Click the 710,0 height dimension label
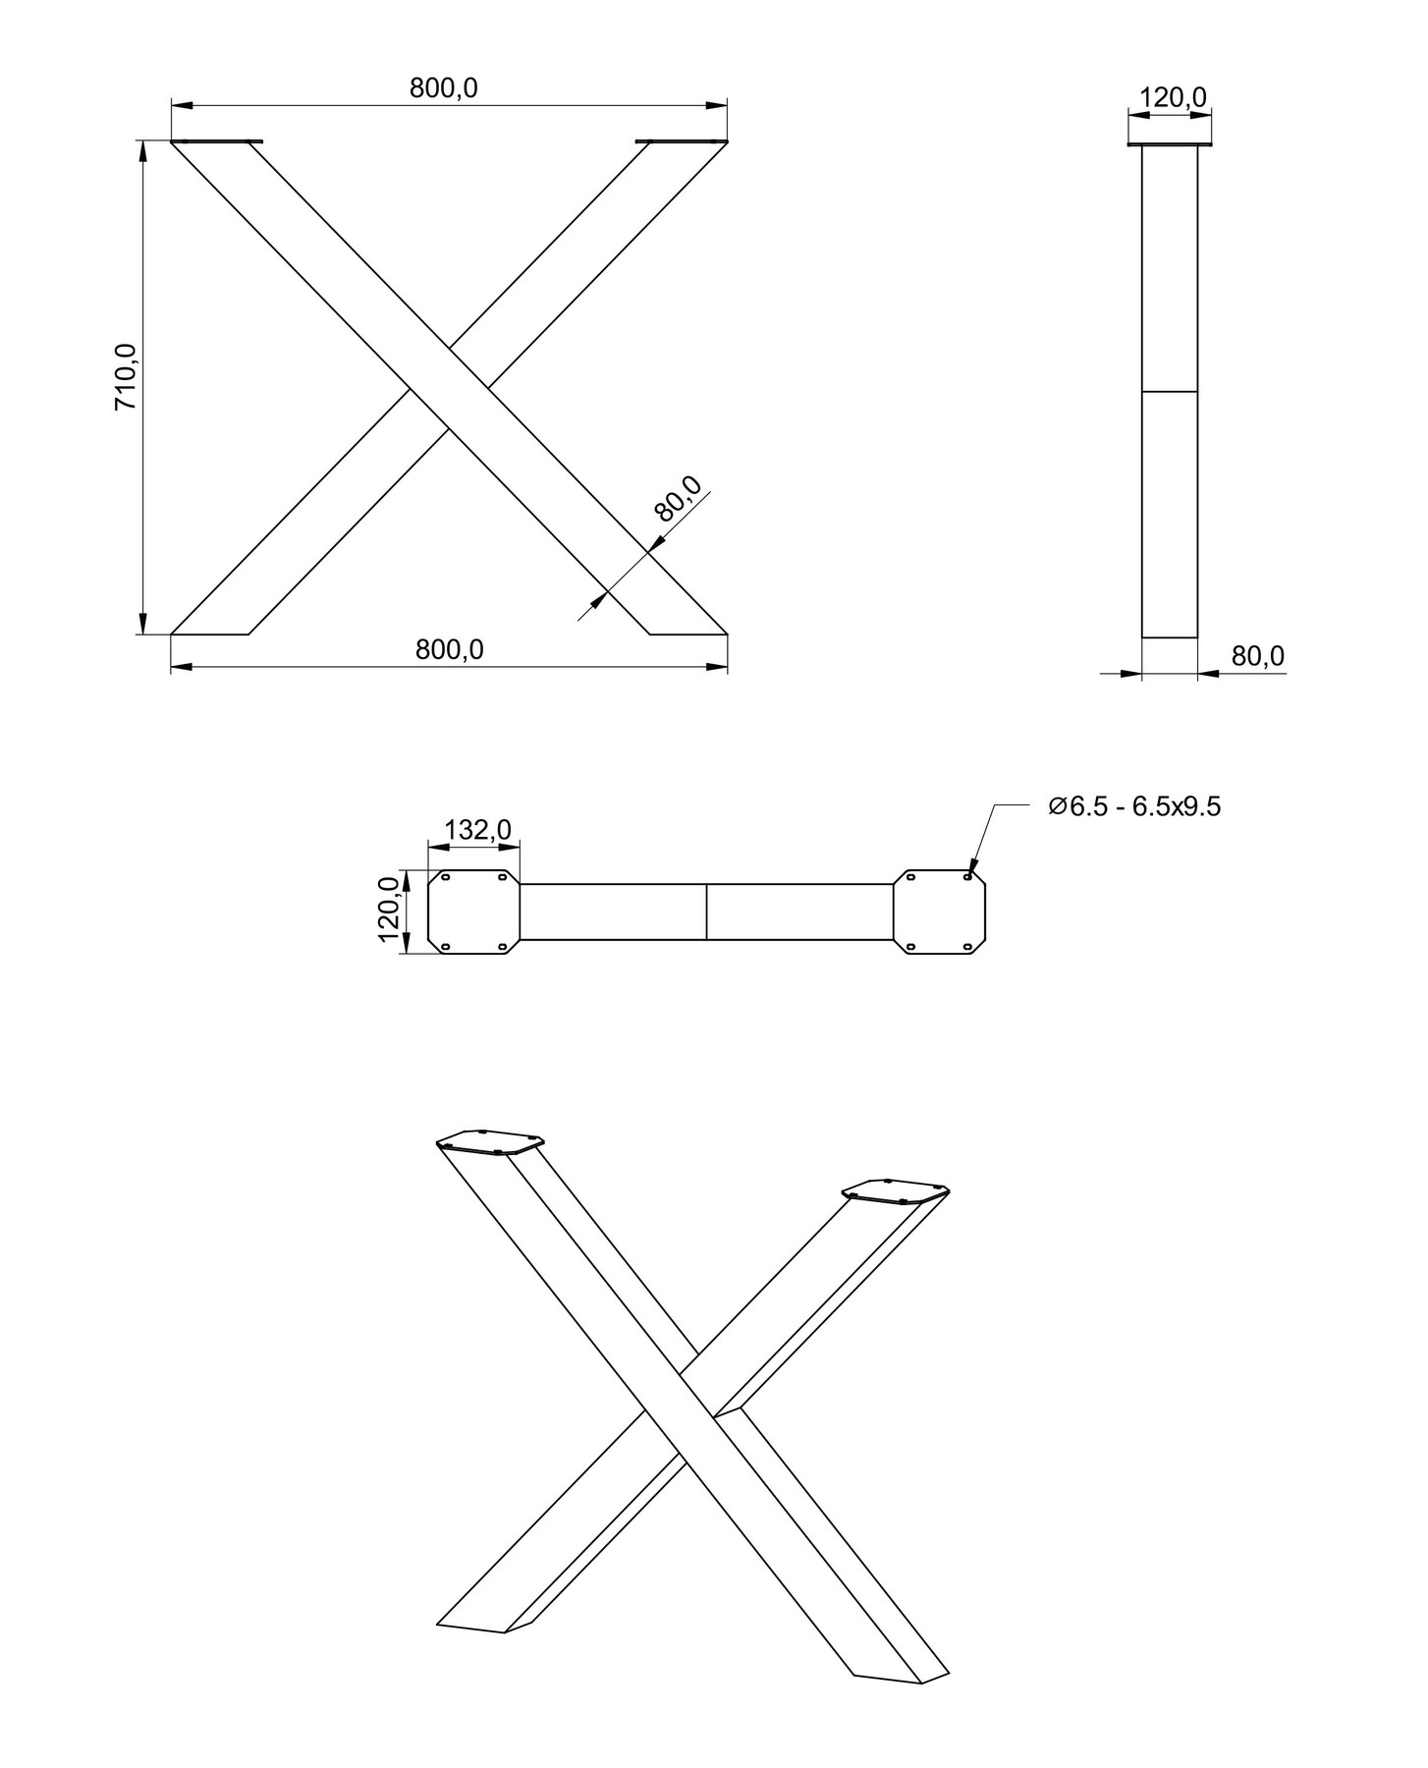pos(127,377)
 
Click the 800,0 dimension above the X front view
pos(444,88)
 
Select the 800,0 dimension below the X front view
pos(450,650)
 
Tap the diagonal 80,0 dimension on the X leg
pos(679,499)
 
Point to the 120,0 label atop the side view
pos(1173,97)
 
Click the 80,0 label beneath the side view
pos(1258,656)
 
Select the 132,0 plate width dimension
pos(477,830)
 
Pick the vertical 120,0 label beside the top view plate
pos(390,909)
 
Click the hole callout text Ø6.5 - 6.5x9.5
pos(1134,807)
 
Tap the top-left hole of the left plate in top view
pos(446,877)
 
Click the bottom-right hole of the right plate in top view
pos(967,947)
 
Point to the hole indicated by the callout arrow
pos(968,877)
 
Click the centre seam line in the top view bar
pos(707,912)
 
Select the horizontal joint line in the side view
pos(1170,392)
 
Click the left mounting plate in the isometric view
pos(490,1142)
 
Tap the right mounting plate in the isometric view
pos(896,1190)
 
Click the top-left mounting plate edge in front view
pos(218,142)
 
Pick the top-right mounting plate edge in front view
pos(681,142)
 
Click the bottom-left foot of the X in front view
pos(210,634)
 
